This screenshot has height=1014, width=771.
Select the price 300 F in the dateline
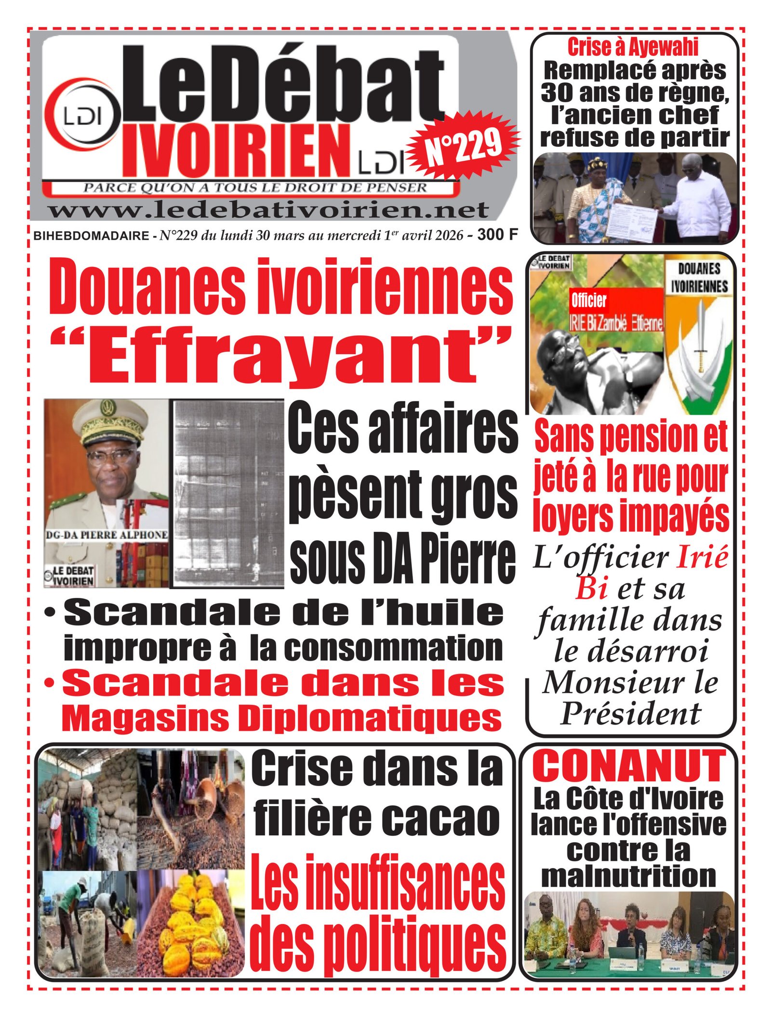tap(497, 235)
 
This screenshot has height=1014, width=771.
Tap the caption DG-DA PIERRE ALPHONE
tap(107, 535)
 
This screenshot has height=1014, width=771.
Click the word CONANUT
tap(629, 766)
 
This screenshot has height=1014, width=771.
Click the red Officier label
tap(588, 301)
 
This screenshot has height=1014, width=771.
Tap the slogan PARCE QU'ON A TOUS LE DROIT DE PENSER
tap(255, 187)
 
